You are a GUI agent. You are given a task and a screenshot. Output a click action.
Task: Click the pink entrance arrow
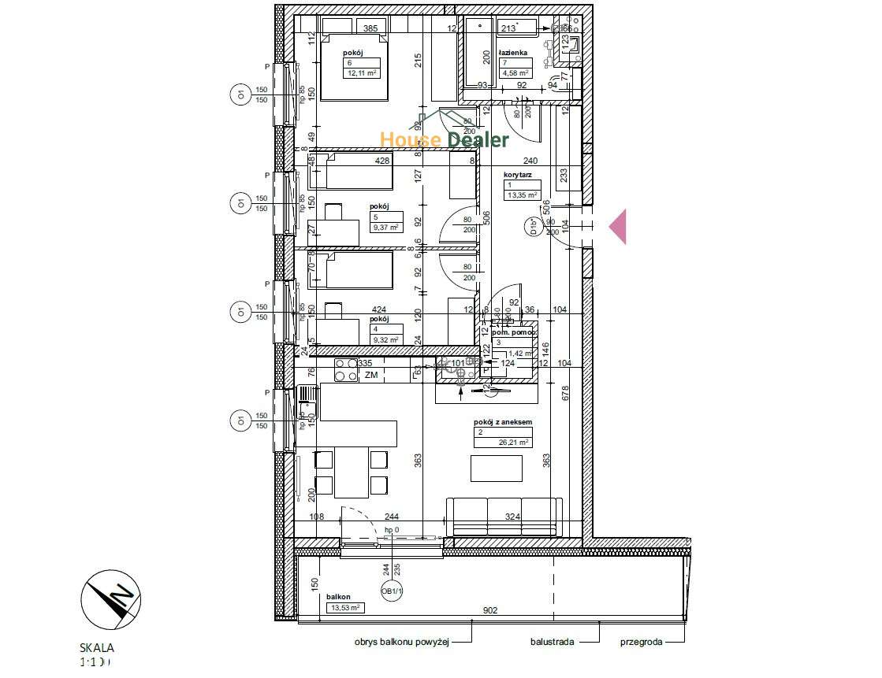coord(618,227)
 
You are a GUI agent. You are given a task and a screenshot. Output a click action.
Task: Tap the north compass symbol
coord(111,597)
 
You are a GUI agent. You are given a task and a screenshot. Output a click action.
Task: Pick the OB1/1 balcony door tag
coord(392,591)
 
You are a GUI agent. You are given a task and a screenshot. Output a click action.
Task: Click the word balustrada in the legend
coord(553,642)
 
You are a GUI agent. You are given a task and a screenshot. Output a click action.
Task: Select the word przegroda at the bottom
coord(640,642)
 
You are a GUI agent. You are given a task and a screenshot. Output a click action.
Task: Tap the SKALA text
coord(97,648)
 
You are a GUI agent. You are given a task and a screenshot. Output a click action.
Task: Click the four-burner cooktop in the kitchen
coord(346,370)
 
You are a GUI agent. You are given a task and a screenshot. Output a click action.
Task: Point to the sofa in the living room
coord(504,515)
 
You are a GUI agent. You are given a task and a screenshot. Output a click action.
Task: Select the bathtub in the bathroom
coord(478,53)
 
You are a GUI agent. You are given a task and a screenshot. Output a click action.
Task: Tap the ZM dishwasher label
coord(371,376)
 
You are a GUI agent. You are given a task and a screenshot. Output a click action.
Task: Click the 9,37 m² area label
coord(385,227)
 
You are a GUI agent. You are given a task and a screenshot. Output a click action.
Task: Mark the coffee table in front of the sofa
coord(497,468)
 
